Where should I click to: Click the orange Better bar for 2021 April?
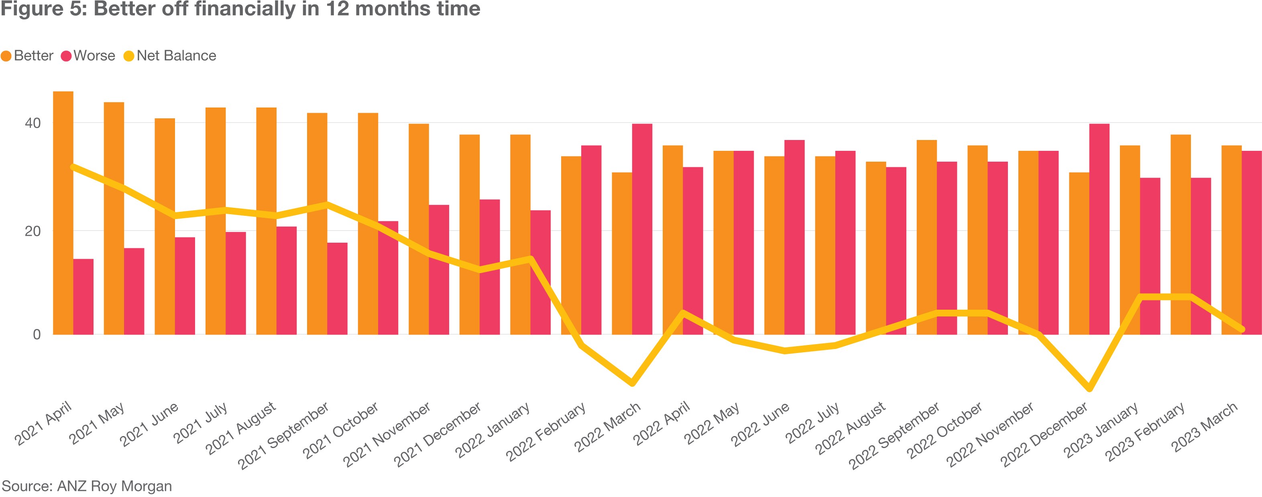[63, 213]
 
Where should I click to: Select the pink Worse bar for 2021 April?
[83, 297]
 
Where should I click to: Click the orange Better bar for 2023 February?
[1180, 235]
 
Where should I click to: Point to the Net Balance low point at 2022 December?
[1089, 389]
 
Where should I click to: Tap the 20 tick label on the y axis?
[33, 231]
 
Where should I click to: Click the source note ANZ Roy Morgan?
[87, 486]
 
